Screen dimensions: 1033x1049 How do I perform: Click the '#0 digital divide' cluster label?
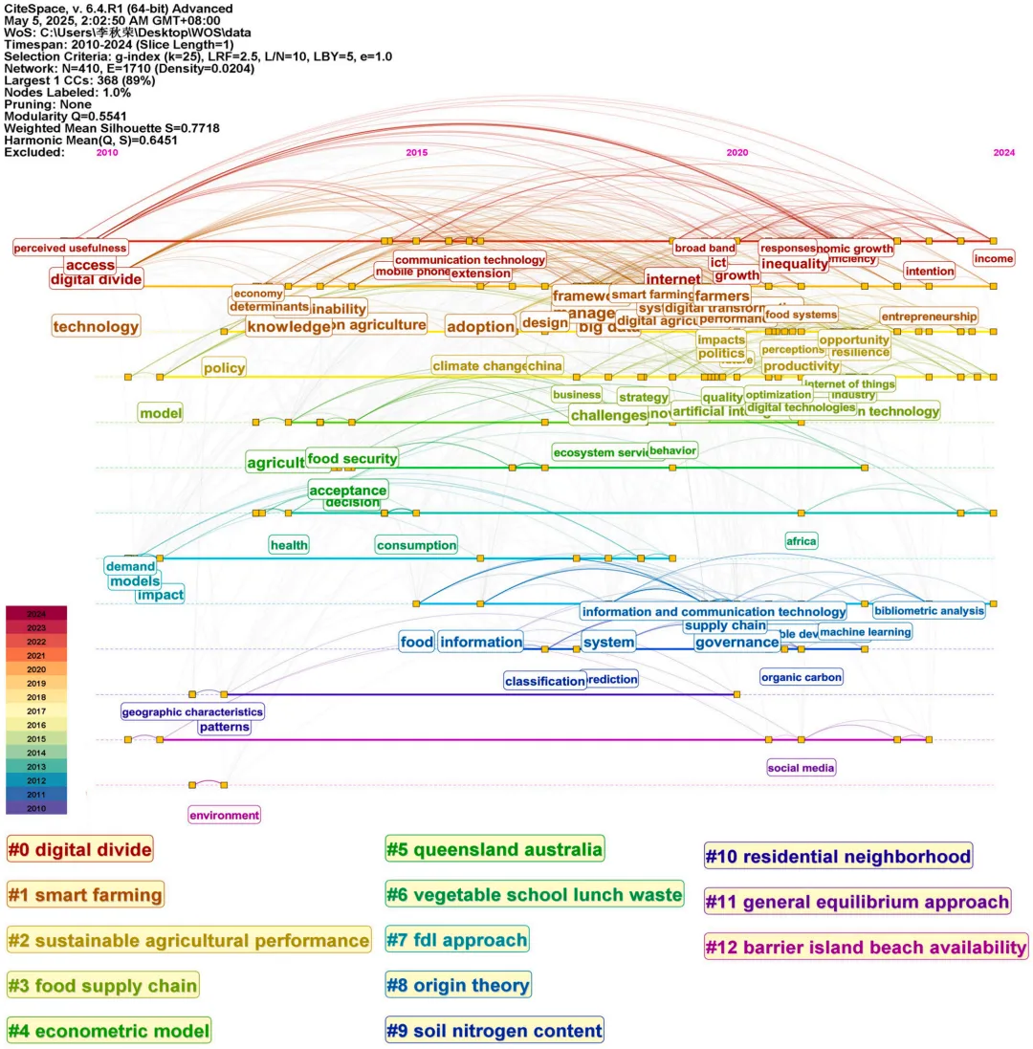[79, 848]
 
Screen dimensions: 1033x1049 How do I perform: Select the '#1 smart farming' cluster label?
[85, 894]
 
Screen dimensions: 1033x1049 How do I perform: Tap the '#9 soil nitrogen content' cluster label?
[494, 1031]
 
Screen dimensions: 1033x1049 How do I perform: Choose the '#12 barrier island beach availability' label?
[866, 947]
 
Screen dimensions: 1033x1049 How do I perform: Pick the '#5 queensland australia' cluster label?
[495, 848]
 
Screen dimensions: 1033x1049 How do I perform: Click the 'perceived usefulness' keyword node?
[70, 249]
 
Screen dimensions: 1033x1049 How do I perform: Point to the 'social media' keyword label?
[802, 767]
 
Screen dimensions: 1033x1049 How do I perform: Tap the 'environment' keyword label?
[224, 816]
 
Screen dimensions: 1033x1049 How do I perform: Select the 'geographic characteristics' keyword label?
[192, 711]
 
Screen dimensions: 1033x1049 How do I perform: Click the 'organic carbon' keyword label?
[802, 677]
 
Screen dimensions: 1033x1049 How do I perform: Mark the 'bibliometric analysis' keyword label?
[929, 610]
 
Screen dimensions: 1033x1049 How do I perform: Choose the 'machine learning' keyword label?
[866, 631]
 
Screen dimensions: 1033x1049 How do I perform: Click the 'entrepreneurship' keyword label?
[929, 316]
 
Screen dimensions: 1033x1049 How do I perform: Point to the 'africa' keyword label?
[802, 541]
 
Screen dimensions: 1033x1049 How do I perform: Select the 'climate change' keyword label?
[478, 365]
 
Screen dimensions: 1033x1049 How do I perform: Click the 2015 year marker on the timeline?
[417, 152]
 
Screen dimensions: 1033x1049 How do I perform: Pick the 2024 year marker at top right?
[1004, 152]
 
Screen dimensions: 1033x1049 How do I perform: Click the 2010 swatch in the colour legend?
[36, 808]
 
